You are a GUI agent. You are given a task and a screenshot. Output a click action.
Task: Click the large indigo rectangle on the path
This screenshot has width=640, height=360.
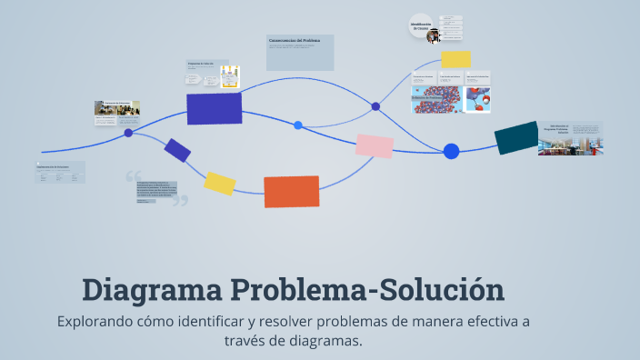214,108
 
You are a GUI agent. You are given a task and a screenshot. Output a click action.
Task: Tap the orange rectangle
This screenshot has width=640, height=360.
291,192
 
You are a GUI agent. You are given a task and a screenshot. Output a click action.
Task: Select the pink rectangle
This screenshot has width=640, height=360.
374,145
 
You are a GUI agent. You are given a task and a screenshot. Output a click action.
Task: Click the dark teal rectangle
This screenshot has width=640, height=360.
516,137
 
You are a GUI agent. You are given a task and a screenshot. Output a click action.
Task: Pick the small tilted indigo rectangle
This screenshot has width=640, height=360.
177,150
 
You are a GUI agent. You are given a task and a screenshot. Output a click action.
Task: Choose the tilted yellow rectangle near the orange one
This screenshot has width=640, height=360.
220,183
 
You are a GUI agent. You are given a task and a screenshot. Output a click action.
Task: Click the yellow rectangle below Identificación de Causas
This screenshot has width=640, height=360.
455,59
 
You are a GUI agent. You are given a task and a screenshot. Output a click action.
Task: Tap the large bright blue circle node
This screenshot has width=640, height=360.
451,151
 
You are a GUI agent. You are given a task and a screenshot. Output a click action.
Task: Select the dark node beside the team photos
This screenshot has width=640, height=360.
128,133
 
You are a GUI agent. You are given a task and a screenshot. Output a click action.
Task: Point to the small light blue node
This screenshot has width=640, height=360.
298,125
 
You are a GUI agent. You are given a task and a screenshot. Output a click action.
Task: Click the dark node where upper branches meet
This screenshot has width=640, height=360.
375,106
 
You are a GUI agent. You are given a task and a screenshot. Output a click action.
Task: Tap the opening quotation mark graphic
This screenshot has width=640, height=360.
134,175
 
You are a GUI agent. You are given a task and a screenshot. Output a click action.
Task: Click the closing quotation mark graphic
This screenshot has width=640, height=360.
180,200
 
